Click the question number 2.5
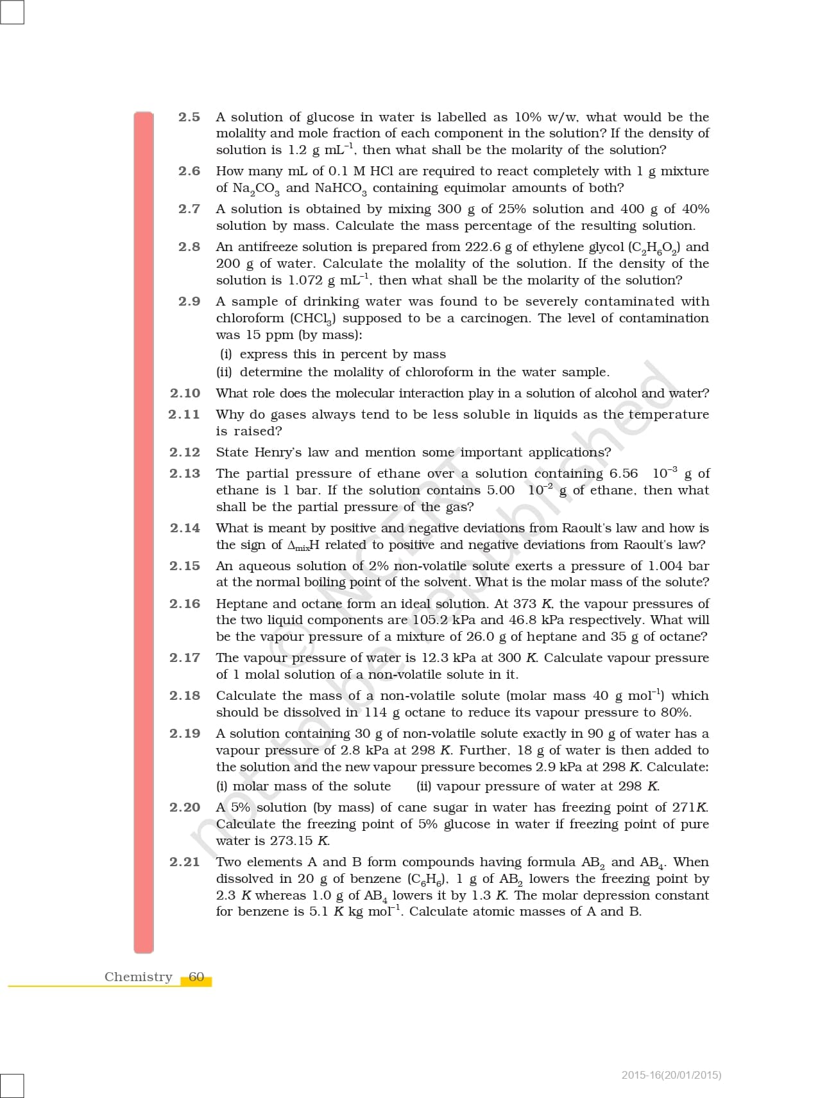pyautogui.click(x=189, y=117)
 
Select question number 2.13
pyautogui.click(x=185, y=473)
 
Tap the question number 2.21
pyautogui.click(x=185, y=862)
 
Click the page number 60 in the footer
pyautogui.click(x=196, y=977)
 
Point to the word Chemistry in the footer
pyautogui.click(x=139, y=977)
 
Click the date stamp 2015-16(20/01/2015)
pyautogui.click(x=671, y=1075)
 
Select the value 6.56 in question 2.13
pyautogui.click(x=624, y=473)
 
